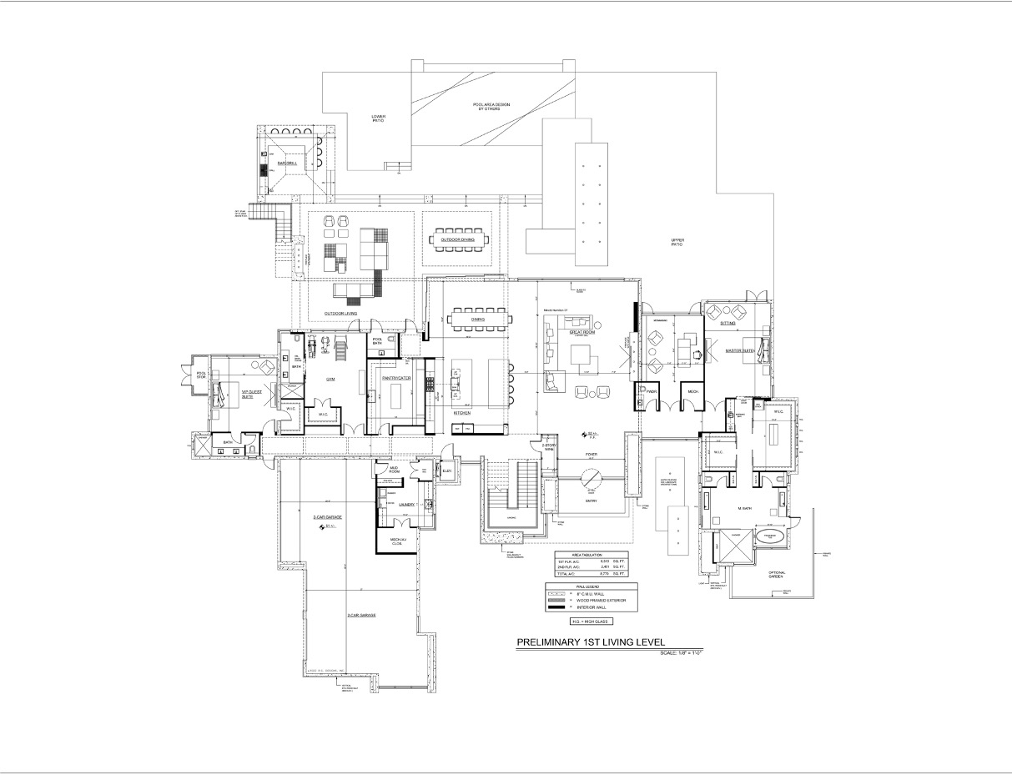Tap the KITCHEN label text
tap(463, 413)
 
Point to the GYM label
tap(330, 378)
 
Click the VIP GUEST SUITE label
tap(247, 394)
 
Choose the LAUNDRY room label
tap(407, 505)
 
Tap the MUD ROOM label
tap(395, 471)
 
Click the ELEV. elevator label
tap(447, 471)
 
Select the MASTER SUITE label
tap(739, 351)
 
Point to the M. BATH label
tap(745, 508)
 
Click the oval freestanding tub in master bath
tap(770, 538)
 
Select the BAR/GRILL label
tap(288, 164)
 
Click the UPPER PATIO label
tap(677, 242)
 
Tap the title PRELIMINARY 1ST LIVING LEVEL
tap(590, 642)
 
